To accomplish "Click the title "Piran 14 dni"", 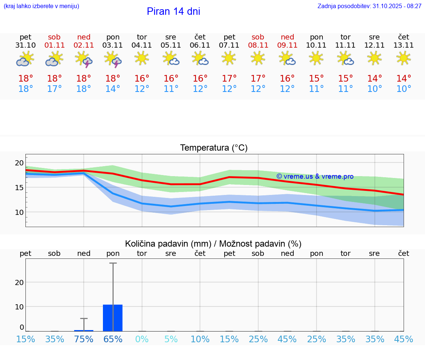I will click(173, 11).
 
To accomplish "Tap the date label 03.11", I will click(113, 45).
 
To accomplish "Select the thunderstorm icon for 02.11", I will click(84, 59).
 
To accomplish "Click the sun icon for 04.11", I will click(142, 58).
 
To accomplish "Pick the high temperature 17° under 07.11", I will click(229, 79).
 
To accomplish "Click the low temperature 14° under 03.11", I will click(113, 89).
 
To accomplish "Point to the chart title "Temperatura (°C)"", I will click(214, 148).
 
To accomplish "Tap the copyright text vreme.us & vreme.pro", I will click(315, 176).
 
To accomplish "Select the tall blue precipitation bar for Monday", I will click(113, 318).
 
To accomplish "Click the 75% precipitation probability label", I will click(84, 339).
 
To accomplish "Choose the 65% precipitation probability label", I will click(113, 339).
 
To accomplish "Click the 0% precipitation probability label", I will click(142, 339).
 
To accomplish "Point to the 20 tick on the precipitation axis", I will click(19, 282).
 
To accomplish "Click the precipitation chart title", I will click(213, 244).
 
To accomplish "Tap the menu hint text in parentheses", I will click(41, 6).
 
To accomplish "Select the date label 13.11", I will click(404, 45).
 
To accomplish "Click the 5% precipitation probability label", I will click(171, 339).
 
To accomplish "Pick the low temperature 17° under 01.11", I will click(55, 89).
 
